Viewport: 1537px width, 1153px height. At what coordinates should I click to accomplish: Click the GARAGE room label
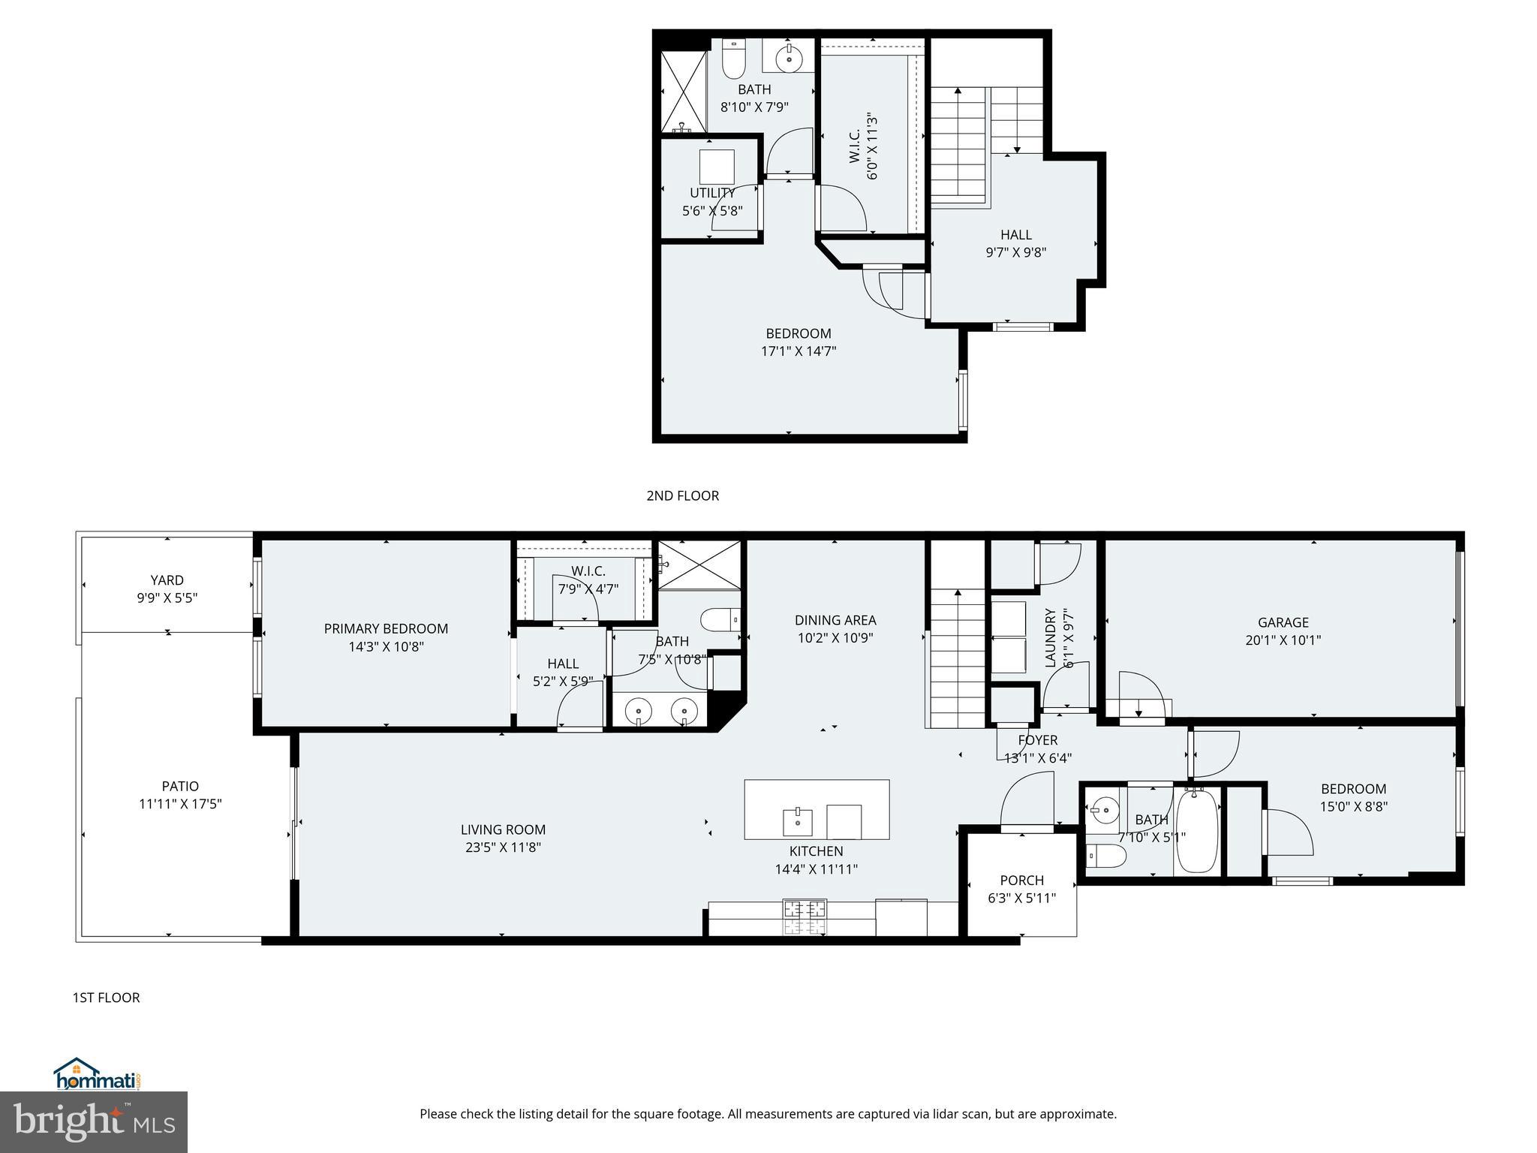1283,622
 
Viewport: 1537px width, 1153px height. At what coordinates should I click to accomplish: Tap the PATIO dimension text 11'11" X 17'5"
180,804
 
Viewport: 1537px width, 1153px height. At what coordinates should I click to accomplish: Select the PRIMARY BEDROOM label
386,629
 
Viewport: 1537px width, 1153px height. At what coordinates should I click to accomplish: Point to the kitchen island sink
797,822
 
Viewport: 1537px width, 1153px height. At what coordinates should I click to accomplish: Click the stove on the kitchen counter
805,916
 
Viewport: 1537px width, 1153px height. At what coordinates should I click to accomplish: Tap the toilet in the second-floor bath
732,61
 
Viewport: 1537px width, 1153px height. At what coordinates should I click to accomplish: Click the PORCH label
1021,881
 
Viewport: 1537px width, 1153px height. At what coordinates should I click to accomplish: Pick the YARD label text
167,580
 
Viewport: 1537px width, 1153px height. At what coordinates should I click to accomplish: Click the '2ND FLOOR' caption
682,495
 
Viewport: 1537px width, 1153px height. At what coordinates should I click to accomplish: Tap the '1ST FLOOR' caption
106,998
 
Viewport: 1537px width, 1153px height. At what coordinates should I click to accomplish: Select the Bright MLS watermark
94,1121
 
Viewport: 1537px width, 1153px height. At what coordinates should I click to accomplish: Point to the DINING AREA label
835,620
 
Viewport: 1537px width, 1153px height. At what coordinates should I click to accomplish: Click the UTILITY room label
711,193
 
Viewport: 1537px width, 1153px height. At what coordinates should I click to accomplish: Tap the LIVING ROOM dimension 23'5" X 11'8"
503,847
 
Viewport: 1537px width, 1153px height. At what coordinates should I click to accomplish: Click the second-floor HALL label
1015,235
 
